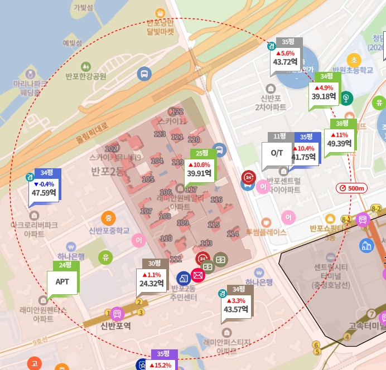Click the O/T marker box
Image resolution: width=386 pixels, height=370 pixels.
point(277,152)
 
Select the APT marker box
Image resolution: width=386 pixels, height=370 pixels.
point(62,281)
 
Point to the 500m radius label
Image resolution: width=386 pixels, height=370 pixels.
point(353,188)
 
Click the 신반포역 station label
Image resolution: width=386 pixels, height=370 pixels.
point(115,325)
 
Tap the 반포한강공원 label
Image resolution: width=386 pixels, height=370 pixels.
point(85,76)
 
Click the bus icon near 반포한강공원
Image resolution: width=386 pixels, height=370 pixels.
point(144,74)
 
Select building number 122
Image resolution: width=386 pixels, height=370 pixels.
point(177,112)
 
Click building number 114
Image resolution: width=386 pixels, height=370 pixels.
point(233,234)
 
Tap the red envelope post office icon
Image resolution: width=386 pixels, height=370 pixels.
point(197,275)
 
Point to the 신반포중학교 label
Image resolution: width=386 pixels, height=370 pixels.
point(109,231)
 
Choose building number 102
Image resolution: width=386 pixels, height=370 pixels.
point(111,149)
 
